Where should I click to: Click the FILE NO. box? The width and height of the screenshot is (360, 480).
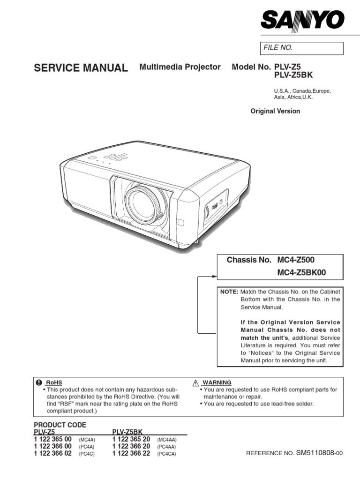tap(302, 48)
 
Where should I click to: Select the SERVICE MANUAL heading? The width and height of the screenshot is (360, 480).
tap(81, 68)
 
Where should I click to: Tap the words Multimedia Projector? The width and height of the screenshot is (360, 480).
tap(180, 67)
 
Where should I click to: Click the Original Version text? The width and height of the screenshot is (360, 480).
tap(275, 111)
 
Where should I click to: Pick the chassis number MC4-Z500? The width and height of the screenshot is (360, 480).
tap(300, 260)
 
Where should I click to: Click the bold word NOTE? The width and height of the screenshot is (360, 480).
tap(230, 292)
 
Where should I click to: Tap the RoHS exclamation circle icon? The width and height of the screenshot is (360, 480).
tap(39, 382)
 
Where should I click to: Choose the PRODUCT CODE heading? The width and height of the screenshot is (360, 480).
tap(60, 425)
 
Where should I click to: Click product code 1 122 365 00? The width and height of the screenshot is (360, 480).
tap(52, 439)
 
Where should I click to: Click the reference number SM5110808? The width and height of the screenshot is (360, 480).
tap(317, 453)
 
